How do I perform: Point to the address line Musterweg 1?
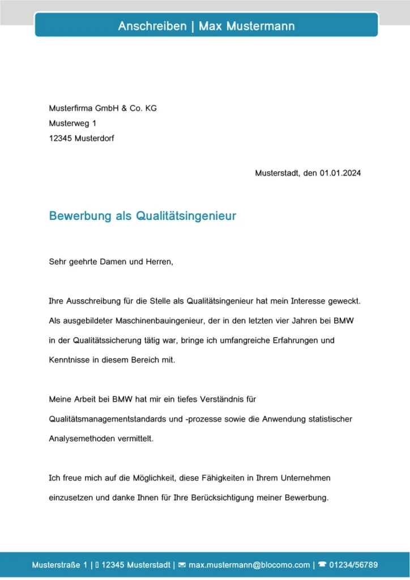point(73,123)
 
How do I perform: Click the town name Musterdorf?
point(94,138)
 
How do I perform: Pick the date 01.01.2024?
point(340,173)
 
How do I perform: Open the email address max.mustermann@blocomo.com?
point(249,565)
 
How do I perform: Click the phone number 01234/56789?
point(353,565)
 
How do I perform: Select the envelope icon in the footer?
point(182,565)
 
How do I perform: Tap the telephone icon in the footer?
point(322,565)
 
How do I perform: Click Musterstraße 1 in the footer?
point(59,565)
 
